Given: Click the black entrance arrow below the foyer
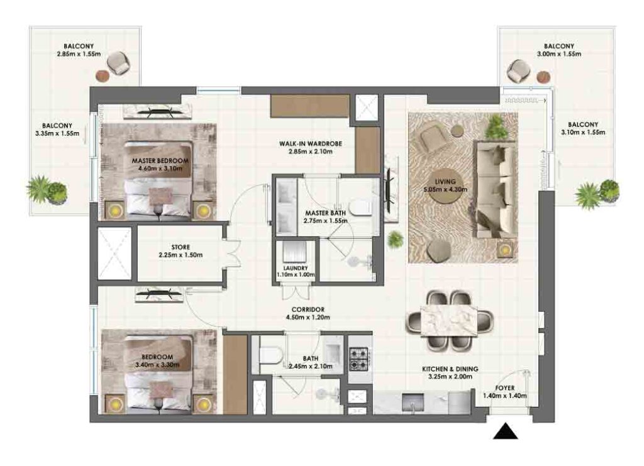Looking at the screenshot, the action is (x=505, y=431).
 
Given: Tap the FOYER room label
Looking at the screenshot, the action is (x=505, y=388).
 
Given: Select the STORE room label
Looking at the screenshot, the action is (x=180, y=247).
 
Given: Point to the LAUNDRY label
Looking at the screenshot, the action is (x=296, y=268).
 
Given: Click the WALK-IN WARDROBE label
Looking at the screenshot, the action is (x=311, y=144).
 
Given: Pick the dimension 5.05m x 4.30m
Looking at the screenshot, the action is (x=445, y=189).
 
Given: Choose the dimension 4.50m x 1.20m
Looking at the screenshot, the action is (x=308, y=317).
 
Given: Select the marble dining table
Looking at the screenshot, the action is (x=449, y=321).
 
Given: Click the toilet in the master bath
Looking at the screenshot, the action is (x=360, y=208).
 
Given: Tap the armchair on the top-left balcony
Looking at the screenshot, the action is (x=119, y=64).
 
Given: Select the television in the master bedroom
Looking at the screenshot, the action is (x=158, y=111).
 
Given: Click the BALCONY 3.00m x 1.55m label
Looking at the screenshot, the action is (x=559, y=50).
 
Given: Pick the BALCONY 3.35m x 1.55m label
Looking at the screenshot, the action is (x=57, y=130).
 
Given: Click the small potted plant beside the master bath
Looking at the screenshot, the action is (x=395, y=240).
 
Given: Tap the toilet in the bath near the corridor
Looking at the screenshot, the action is (x=271, y=355).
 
